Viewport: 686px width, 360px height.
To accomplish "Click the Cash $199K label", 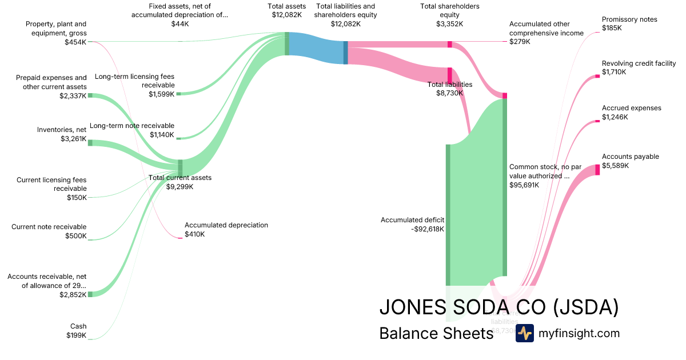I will [76, 331].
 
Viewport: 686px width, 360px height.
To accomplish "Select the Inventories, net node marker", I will [90, 142].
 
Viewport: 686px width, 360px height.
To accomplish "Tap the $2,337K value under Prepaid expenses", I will [73, 96].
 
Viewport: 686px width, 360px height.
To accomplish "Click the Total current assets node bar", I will [180, 168].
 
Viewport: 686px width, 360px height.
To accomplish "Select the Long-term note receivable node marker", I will [178, 138].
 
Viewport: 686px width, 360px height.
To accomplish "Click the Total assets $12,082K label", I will [286, 11].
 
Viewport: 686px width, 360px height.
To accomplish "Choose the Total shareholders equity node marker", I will [450, 45].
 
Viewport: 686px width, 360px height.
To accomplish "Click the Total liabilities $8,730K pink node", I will [450, 75].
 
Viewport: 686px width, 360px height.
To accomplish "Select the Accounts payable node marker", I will [597, 169].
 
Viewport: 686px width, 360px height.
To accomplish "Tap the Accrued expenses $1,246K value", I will [615, 117].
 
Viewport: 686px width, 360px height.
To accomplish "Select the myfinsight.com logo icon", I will [524, 333].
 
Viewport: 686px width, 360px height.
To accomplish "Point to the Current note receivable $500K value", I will [76, 236].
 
